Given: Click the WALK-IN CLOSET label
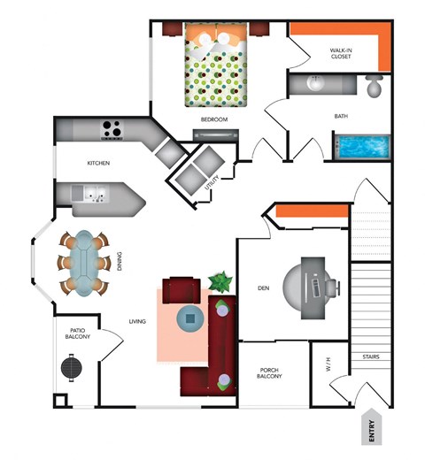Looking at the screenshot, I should coord(341,52).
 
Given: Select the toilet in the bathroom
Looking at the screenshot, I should coord(374,87).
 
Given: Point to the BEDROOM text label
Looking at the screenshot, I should coord(214,119).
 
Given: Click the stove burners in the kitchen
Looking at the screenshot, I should coord(112,128).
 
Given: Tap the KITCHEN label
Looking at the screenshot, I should coord(97,164).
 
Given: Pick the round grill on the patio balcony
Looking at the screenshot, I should coord(73,365).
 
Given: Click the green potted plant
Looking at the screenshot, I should coord(220,283).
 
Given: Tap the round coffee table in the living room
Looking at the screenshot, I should coord(189,317).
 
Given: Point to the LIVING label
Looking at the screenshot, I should coord(137,322).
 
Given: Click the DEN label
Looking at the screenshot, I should coord(263,287).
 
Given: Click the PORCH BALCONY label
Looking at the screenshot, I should coord(270,374).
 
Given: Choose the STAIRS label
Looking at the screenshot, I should coord(371,357).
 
